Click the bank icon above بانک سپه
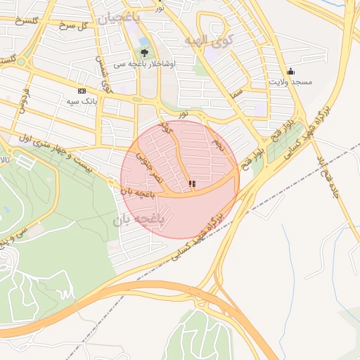pyautogui.click(x=82, y=91)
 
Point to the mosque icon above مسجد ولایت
pyautogui.click(x=290, y=71)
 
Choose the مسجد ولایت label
pyautogui.click(x=288, y=82)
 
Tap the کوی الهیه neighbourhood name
pyautogui.click(x=208, y=41)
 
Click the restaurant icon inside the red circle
pyautogui.click(x=192, y=184)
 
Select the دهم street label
pyautogui.click(x=219, y=148)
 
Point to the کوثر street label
pyautogui.click(x=166, y=127)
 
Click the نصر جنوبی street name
pyautogui.click(x=150, y=165)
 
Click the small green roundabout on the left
pyautogui.click(x=20, y=61)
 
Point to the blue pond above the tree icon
pyautogui.click(x=144, y=41)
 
